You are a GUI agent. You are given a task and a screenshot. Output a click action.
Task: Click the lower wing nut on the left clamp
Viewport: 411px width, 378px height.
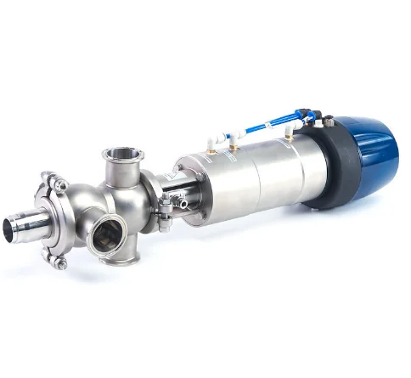pyautogui.click(x=61, y=263)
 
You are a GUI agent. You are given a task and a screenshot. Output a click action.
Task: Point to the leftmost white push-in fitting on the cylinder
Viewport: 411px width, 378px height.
pyautogui.click(x=209, y=140)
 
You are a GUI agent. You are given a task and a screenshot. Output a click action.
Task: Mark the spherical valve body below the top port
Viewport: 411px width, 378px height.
pyautogui.click(x=127, y=204)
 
